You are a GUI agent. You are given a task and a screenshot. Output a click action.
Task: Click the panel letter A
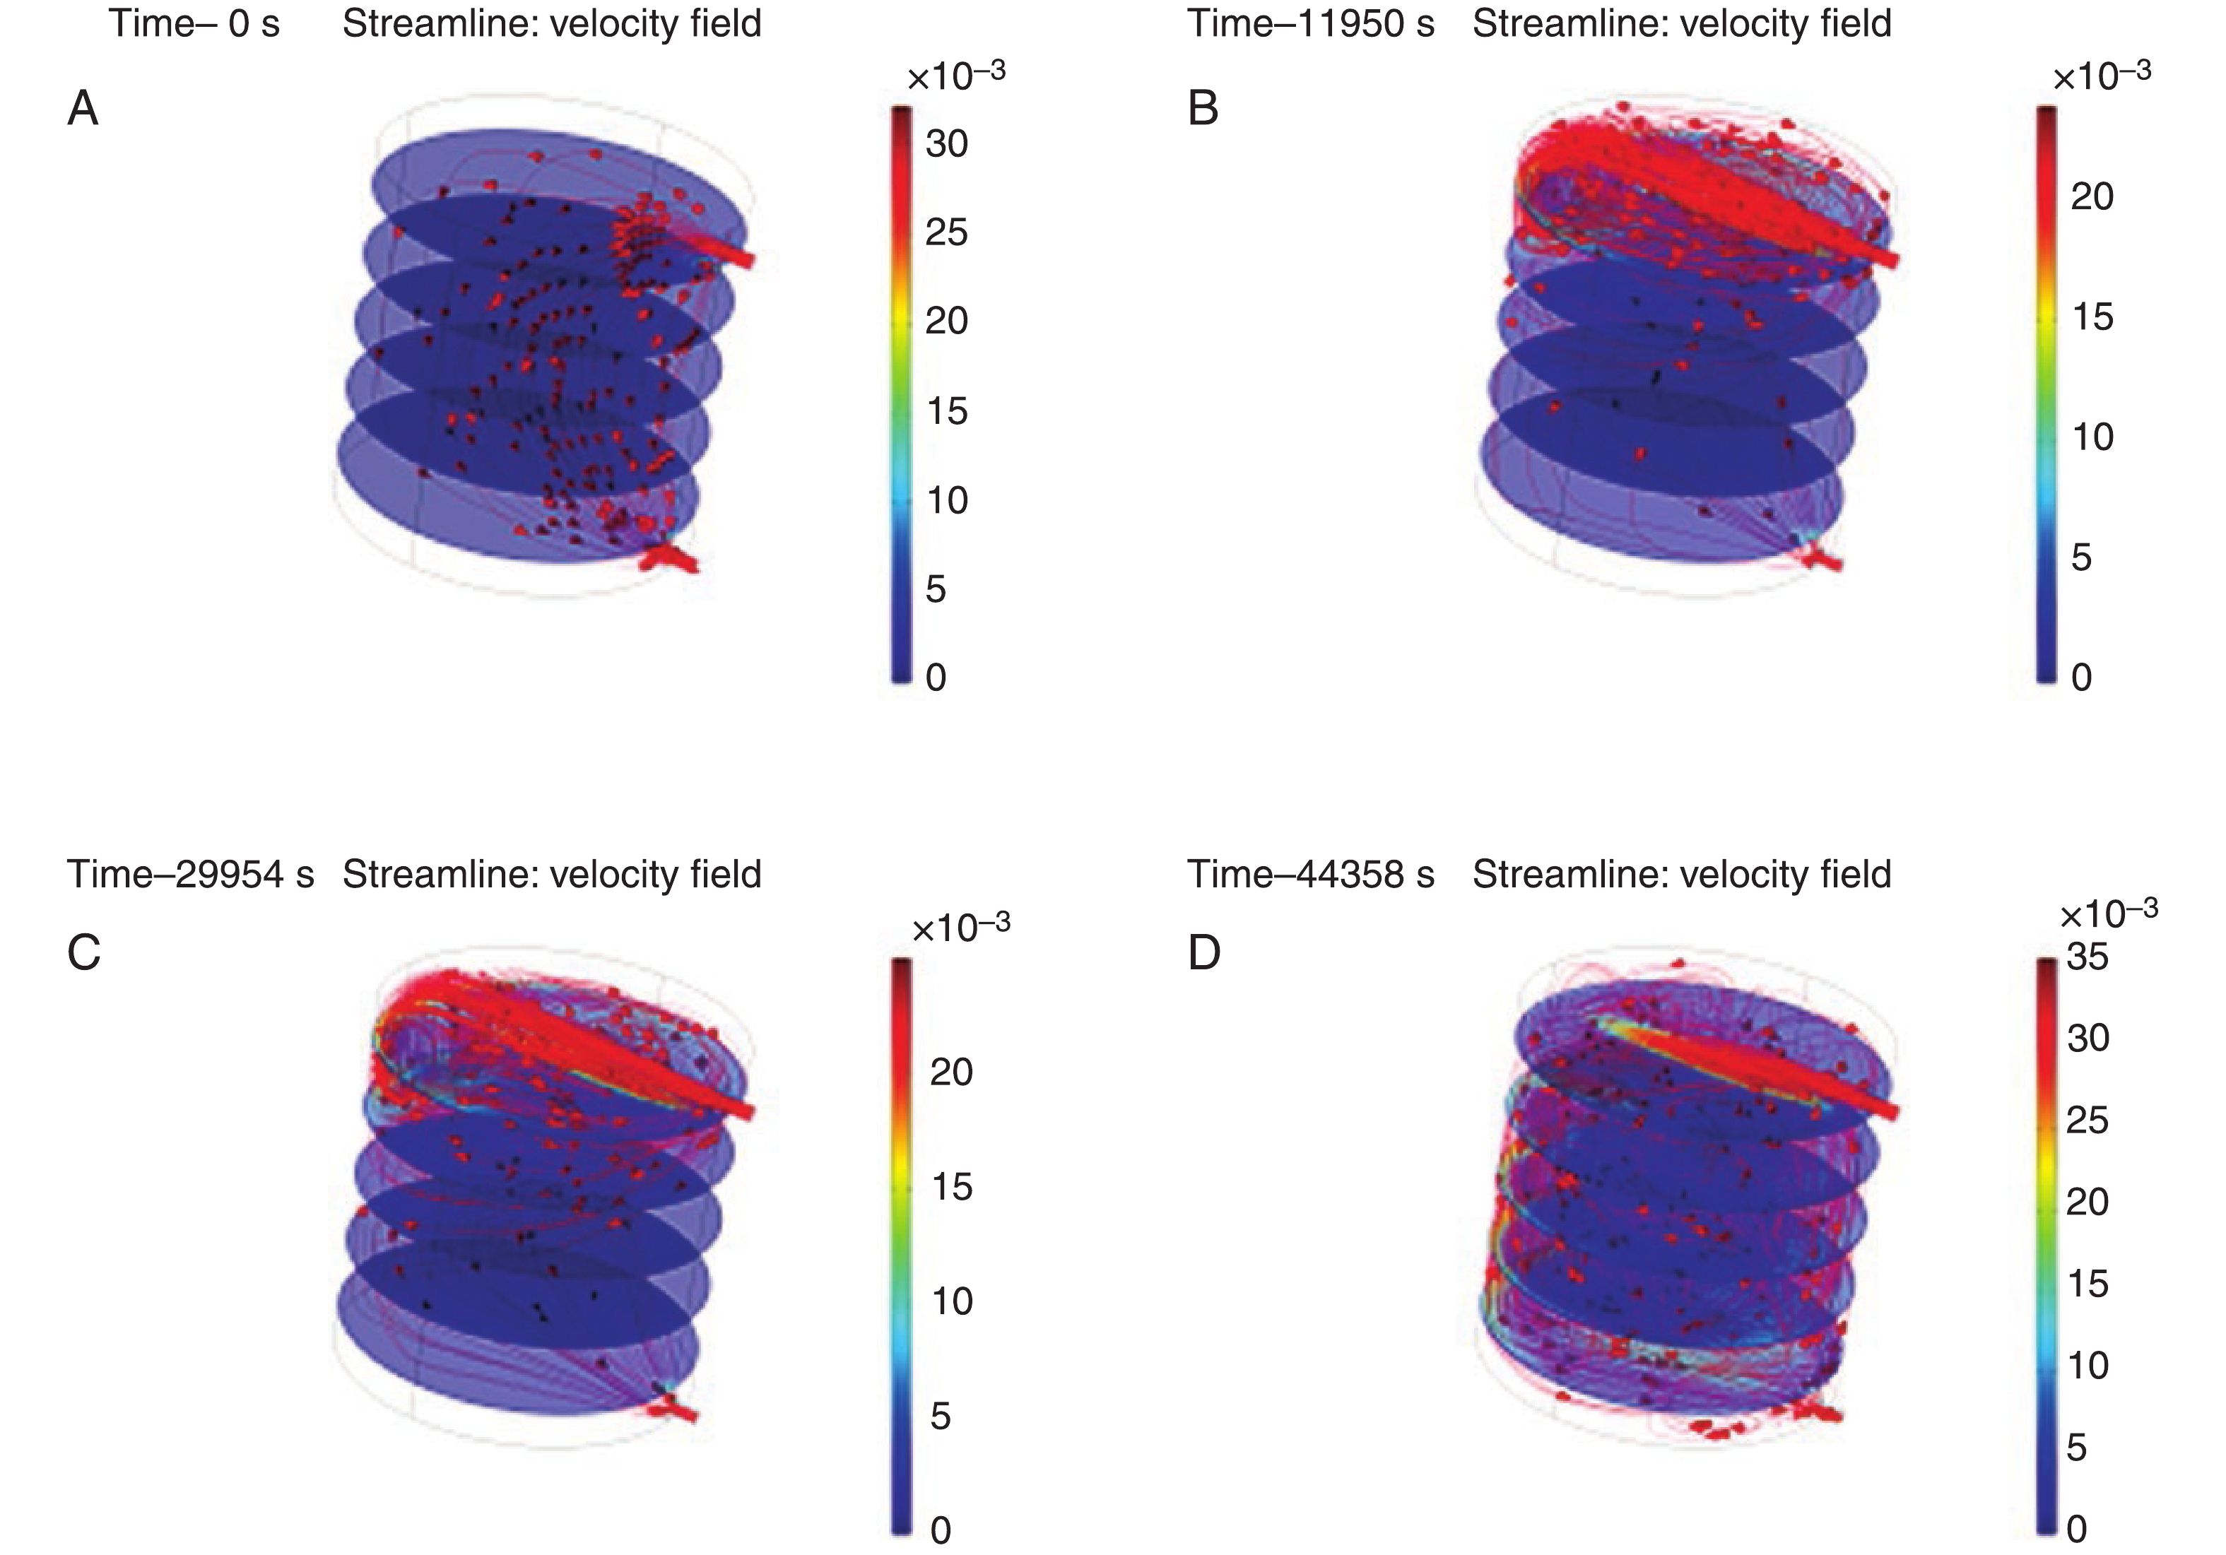click(x=83, y=109)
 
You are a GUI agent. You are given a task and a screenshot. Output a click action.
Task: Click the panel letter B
click(x=1203, y=109)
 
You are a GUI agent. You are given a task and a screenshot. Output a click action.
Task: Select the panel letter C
click(x=84, y=953)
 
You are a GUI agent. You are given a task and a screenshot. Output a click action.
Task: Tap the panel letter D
click(x=1204, y=953)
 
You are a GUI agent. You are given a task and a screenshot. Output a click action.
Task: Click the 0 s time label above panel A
click(x=253, y=23)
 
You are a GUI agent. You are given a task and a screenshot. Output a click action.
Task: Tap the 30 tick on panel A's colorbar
click(x=946, y=143)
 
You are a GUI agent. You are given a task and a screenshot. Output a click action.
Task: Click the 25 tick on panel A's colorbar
click(x=946, y=232)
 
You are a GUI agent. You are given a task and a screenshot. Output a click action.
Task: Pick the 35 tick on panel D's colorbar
click(x=2087, y=957)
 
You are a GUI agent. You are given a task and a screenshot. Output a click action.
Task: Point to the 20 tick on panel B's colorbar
click(x=2091, y=197)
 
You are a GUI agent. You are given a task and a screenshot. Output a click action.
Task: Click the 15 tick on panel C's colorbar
click(x=951, y=1187)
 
